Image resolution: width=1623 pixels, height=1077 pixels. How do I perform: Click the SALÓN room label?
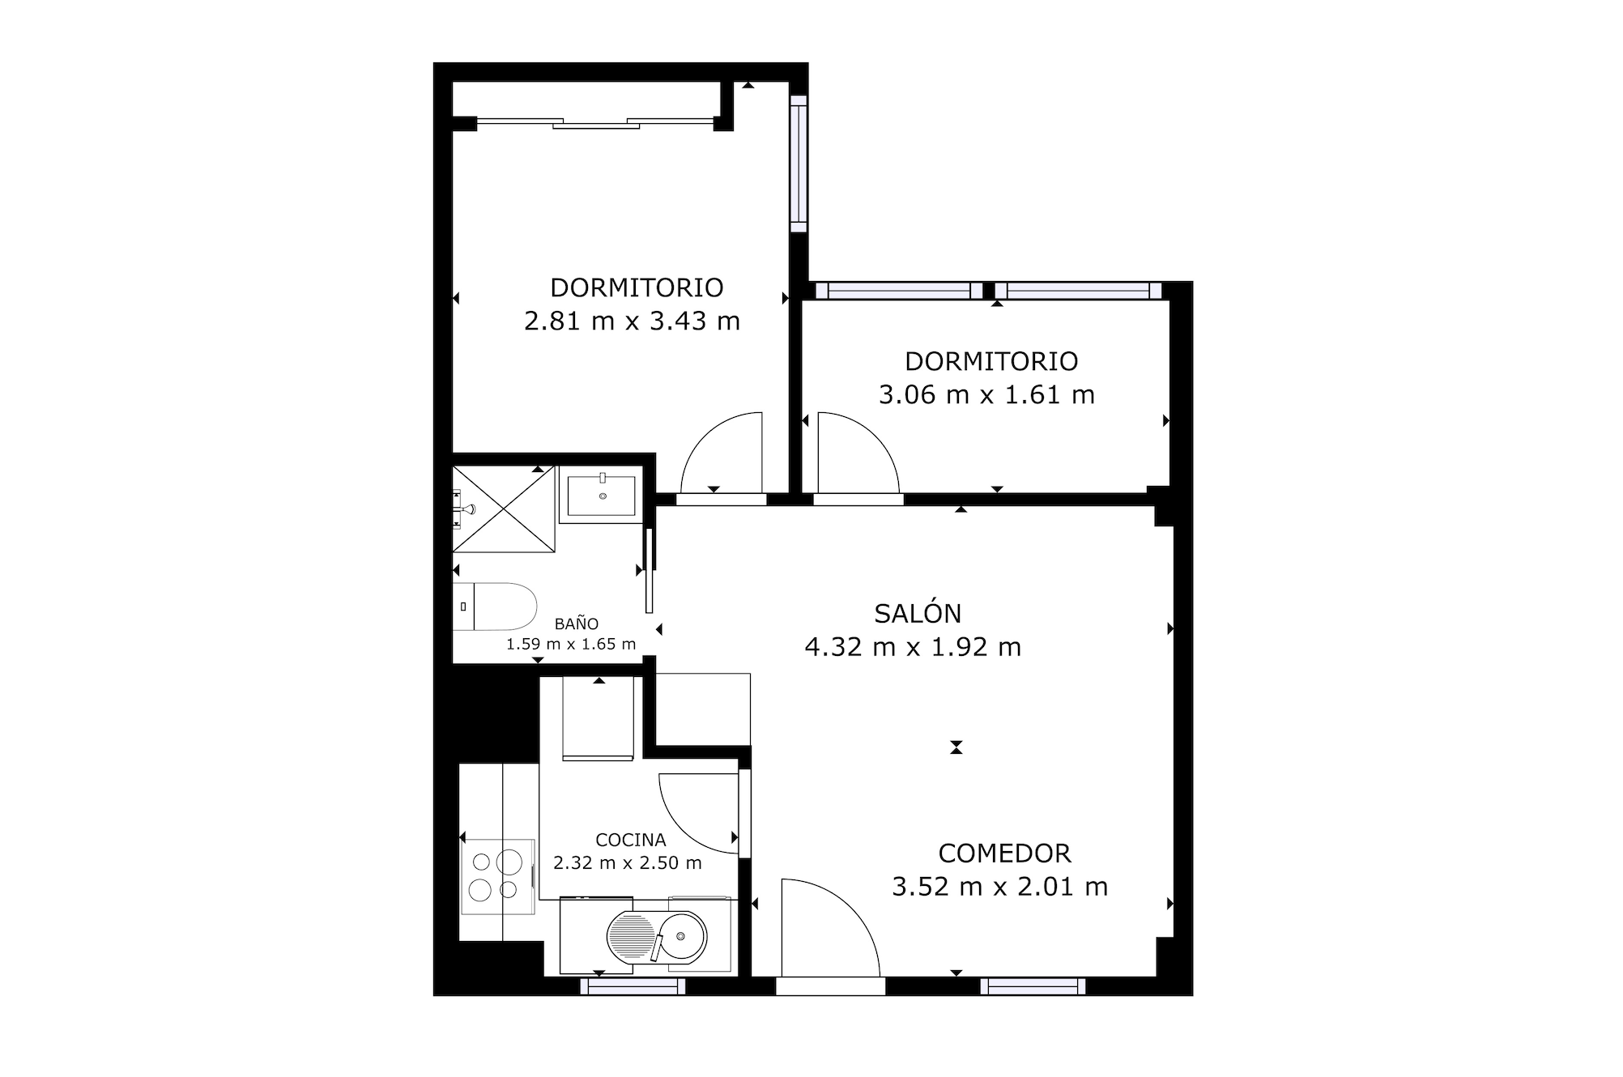pyautogui.click(x=918, y=613)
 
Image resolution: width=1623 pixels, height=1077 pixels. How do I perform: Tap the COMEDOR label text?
pyautogui.click(x=1004, y=853)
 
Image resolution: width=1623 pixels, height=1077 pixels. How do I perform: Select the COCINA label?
pyautogui.click(x=630, y=840)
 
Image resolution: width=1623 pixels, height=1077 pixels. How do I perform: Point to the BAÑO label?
pyautogui.click(x=577, y=624)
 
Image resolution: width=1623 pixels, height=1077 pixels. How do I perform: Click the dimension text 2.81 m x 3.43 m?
pyautogui.click(x=632, y=321)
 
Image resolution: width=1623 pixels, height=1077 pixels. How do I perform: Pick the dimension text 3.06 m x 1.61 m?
pyautogui.click(x=986, y=395)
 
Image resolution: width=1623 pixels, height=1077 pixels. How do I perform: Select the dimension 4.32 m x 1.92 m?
pyautogui.click(x=913, y=647)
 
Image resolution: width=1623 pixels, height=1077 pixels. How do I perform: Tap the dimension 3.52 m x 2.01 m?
pyautogui.click(x=999, y=887)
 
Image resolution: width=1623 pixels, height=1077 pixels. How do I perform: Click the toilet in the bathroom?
pyautogui.click(x=495, y=607)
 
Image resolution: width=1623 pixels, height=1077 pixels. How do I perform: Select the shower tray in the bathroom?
pyautogui.click(x=504, y=509)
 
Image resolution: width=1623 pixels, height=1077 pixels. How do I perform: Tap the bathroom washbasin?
pyautogui.click(x=601, y=496)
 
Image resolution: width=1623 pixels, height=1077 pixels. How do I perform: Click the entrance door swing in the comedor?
pyautogui.click(x=830, y=927)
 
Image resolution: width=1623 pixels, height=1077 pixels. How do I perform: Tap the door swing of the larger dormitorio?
pyautogui.click(x=722, y=452)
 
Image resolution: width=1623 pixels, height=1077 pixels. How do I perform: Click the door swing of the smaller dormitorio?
pyautogui.click(x=858, y=452)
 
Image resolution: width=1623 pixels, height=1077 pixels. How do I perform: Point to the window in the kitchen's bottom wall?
pyautogui.click(x=633, y=986)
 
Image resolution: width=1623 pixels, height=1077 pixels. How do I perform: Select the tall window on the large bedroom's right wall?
pyautogui.click(x=799, y=164)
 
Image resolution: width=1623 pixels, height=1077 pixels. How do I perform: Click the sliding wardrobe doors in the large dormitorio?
pyautogui.click(x=595, y=123)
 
